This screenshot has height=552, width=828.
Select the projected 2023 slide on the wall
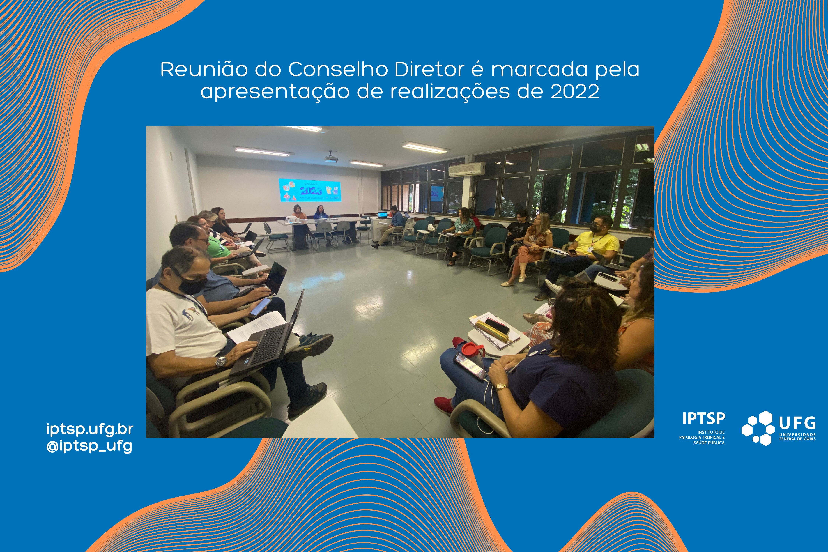(310, 190)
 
